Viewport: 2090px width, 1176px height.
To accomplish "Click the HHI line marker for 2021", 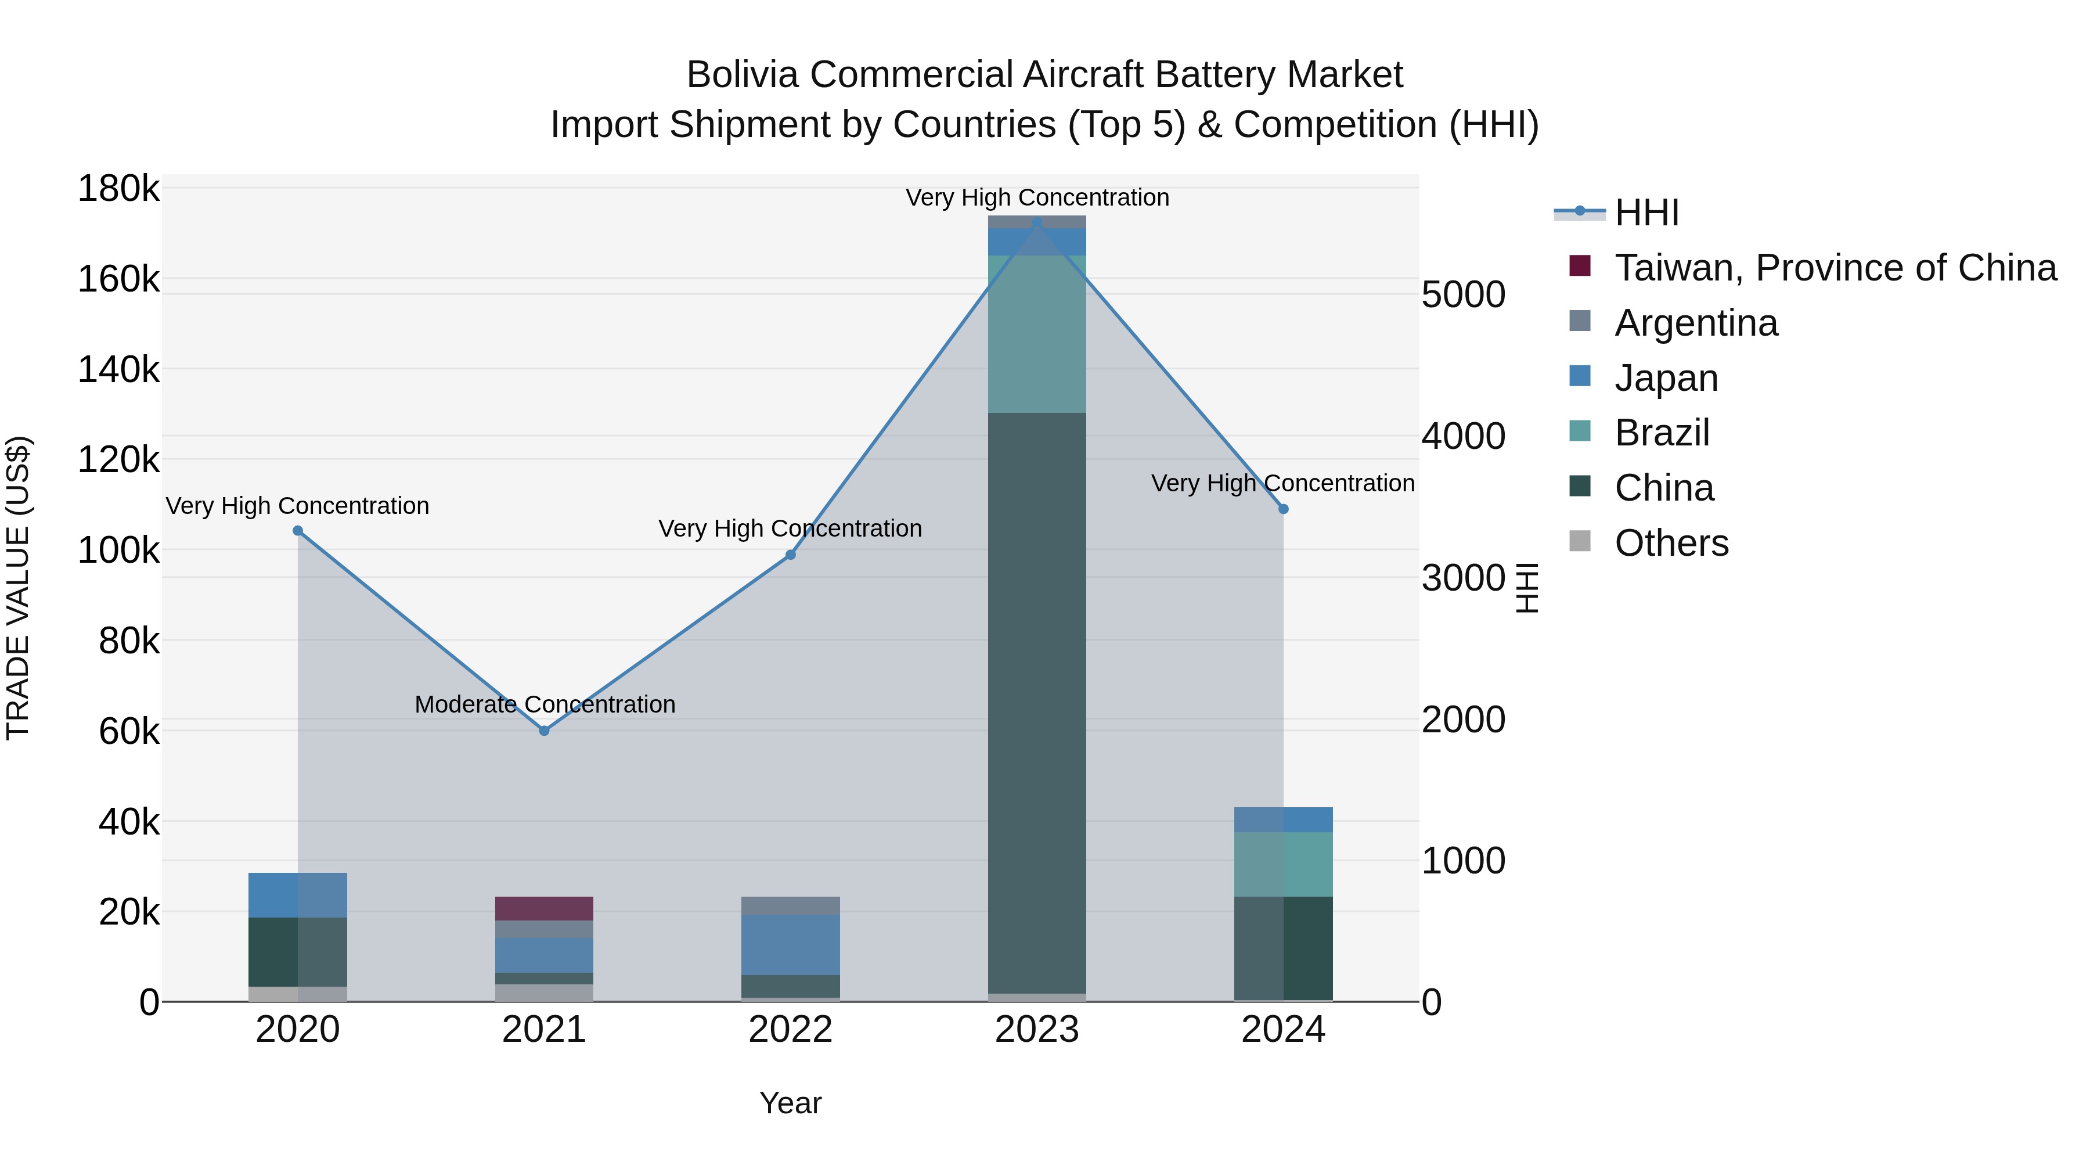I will [545, 731].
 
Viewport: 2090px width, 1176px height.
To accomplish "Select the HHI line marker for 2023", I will [1037, 222].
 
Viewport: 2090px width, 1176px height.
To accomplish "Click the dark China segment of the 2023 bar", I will [1037, 698].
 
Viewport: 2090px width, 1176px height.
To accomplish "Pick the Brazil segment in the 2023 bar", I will [1037, 333].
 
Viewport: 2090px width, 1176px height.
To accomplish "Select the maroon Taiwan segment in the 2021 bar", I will [545, 908].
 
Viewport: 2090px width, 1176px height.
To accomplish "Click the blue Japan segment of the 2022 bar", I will [791, 944].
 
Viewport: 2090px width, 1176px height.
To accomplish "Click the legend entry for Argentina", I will [1696, 323].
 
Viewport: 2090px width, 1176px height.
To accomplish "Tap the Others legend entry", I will [1671, 543].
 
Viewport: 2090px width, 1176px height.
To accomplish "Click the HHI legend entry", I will [1646, 213].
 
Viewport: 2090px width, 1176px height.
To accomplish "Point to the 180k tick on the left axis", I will [118, 189].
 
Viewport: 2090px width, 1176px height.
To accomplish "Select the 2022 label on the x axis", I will [791, 1030].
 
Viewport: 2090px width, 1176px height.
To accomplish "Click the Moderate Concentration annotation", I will [545, 704].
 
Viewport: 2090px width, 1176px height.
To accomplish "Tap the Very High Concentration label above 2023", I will [1037, 197].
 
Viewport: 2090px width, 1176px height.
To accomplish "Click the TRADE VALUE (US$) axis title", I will [18, 588].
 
